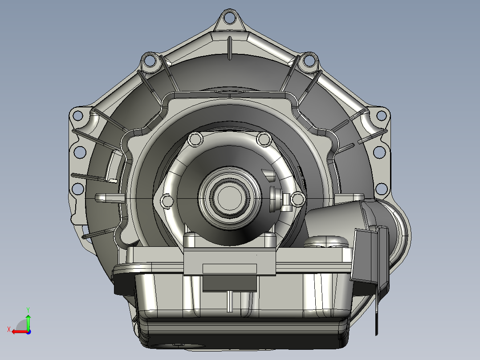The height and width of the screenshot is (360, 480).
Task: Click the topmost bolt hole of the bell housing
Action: click(229, 18)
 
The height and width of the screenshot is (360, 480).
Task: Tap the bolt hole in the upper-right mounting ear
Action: click(308, 60)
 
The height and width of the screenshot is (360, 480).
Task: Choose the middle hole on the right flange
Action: click(379, 152)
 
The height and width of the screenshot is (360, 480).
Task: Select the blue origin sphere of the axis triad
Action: click(28, 331)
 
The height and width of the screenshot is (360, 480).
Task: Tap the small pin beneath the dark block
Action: click(229, 301)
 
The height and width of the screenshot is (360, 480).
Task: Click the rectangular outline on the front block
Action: click(229, 268)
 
